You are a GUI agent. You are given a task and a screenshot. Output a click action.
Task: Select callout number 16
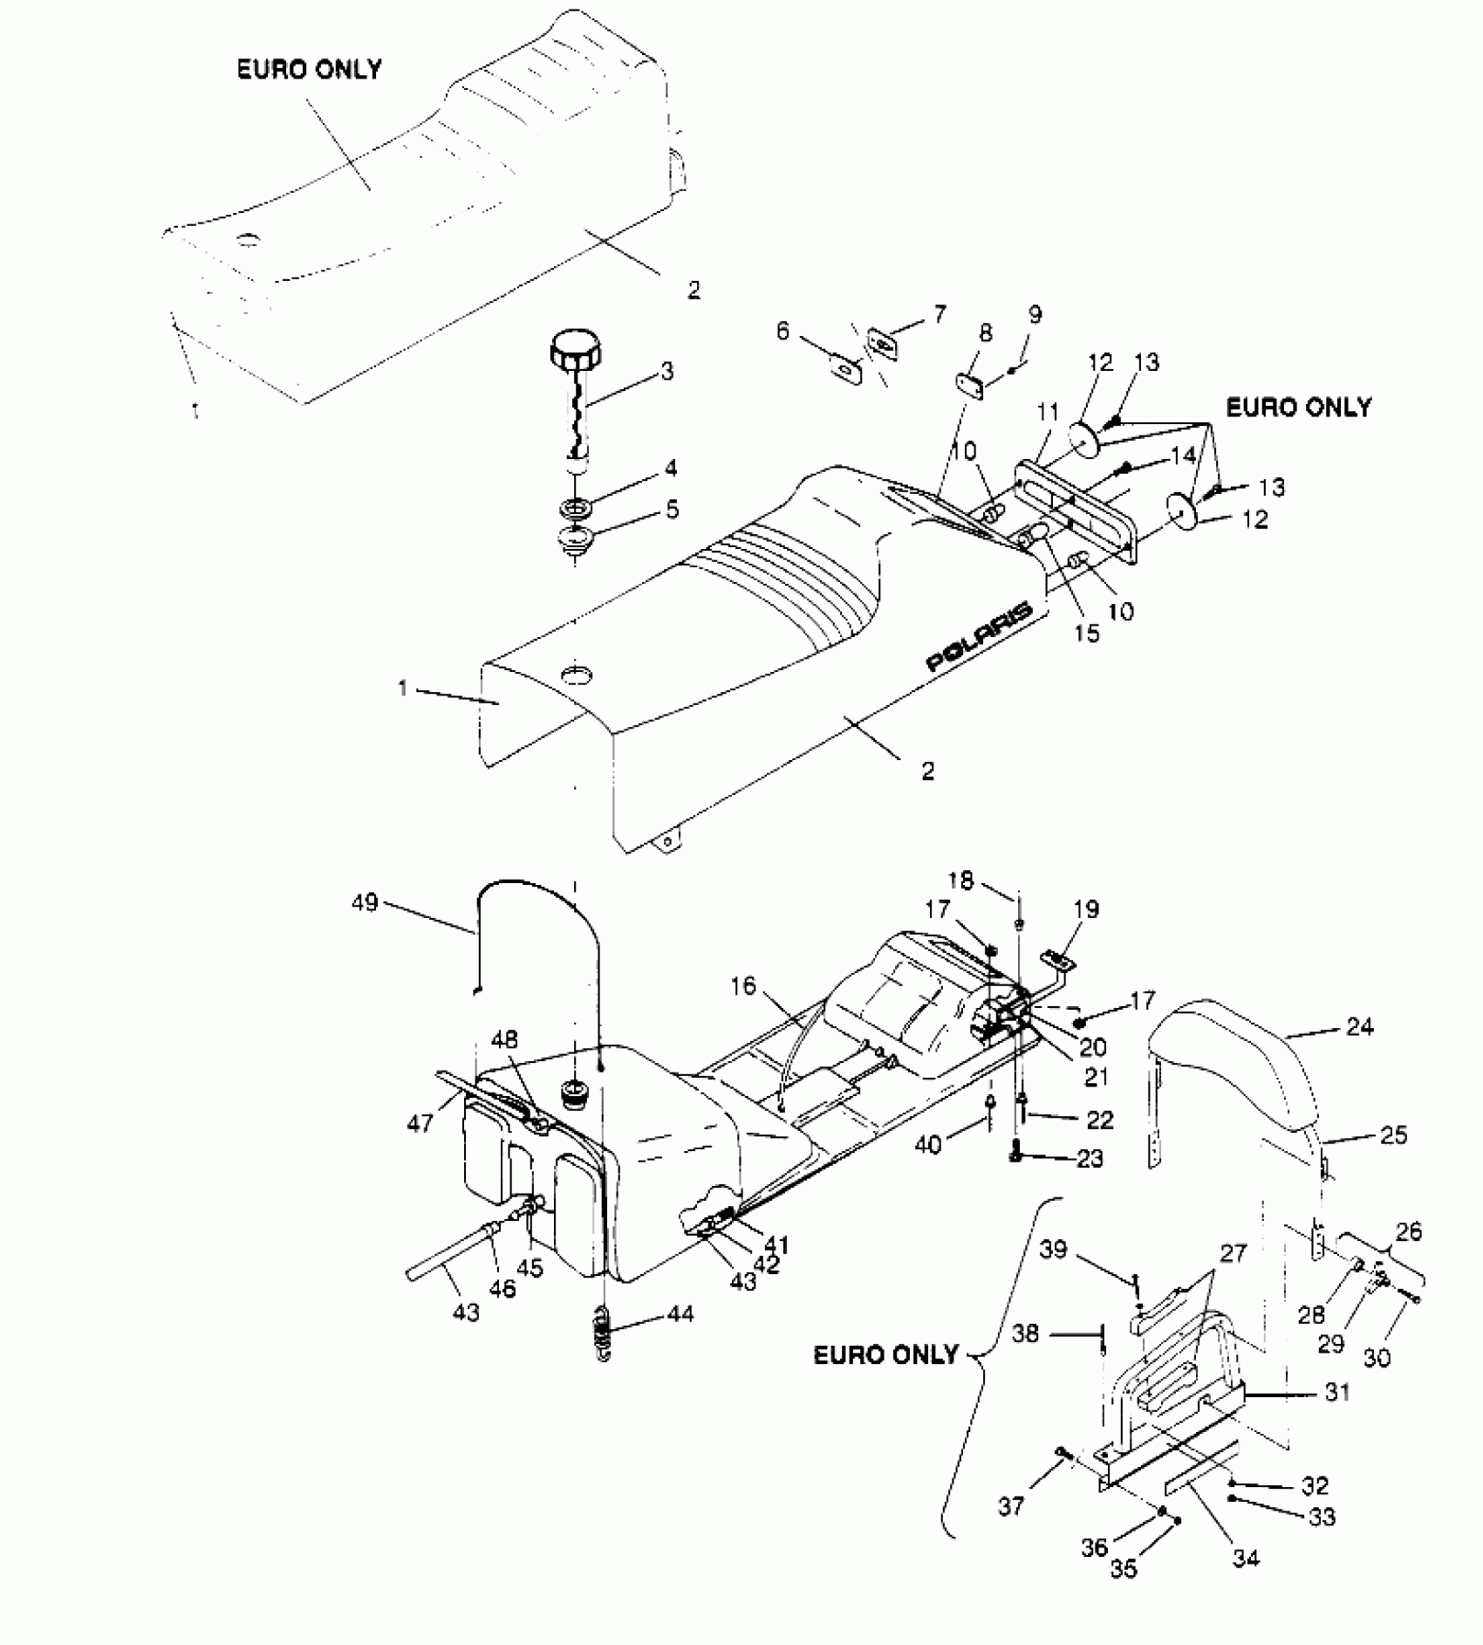[743, 986]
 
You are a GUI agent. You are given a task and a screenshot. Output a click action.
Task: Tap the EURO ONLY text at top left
[310, 70]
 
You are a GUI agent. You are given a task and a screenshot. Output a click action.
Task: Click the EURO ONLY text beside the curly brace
[885, 1354]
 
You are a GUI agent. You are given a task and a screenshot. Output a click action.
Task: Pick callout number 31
[1336, 1392]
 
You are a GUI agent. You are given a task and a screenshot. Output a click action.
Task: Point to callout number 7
[939, 314]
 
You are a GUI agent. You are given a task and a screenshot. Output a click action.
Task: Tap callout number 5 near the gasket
[672, 509]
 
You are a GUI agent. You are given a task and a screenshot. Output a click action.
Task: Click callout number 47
[420, 1122]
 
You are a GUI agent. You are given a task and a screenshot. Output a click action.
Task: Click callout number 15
[1087, 633]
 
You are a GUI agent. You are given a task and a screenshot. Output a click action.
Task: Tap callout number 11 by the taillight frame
[1048, 411]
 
